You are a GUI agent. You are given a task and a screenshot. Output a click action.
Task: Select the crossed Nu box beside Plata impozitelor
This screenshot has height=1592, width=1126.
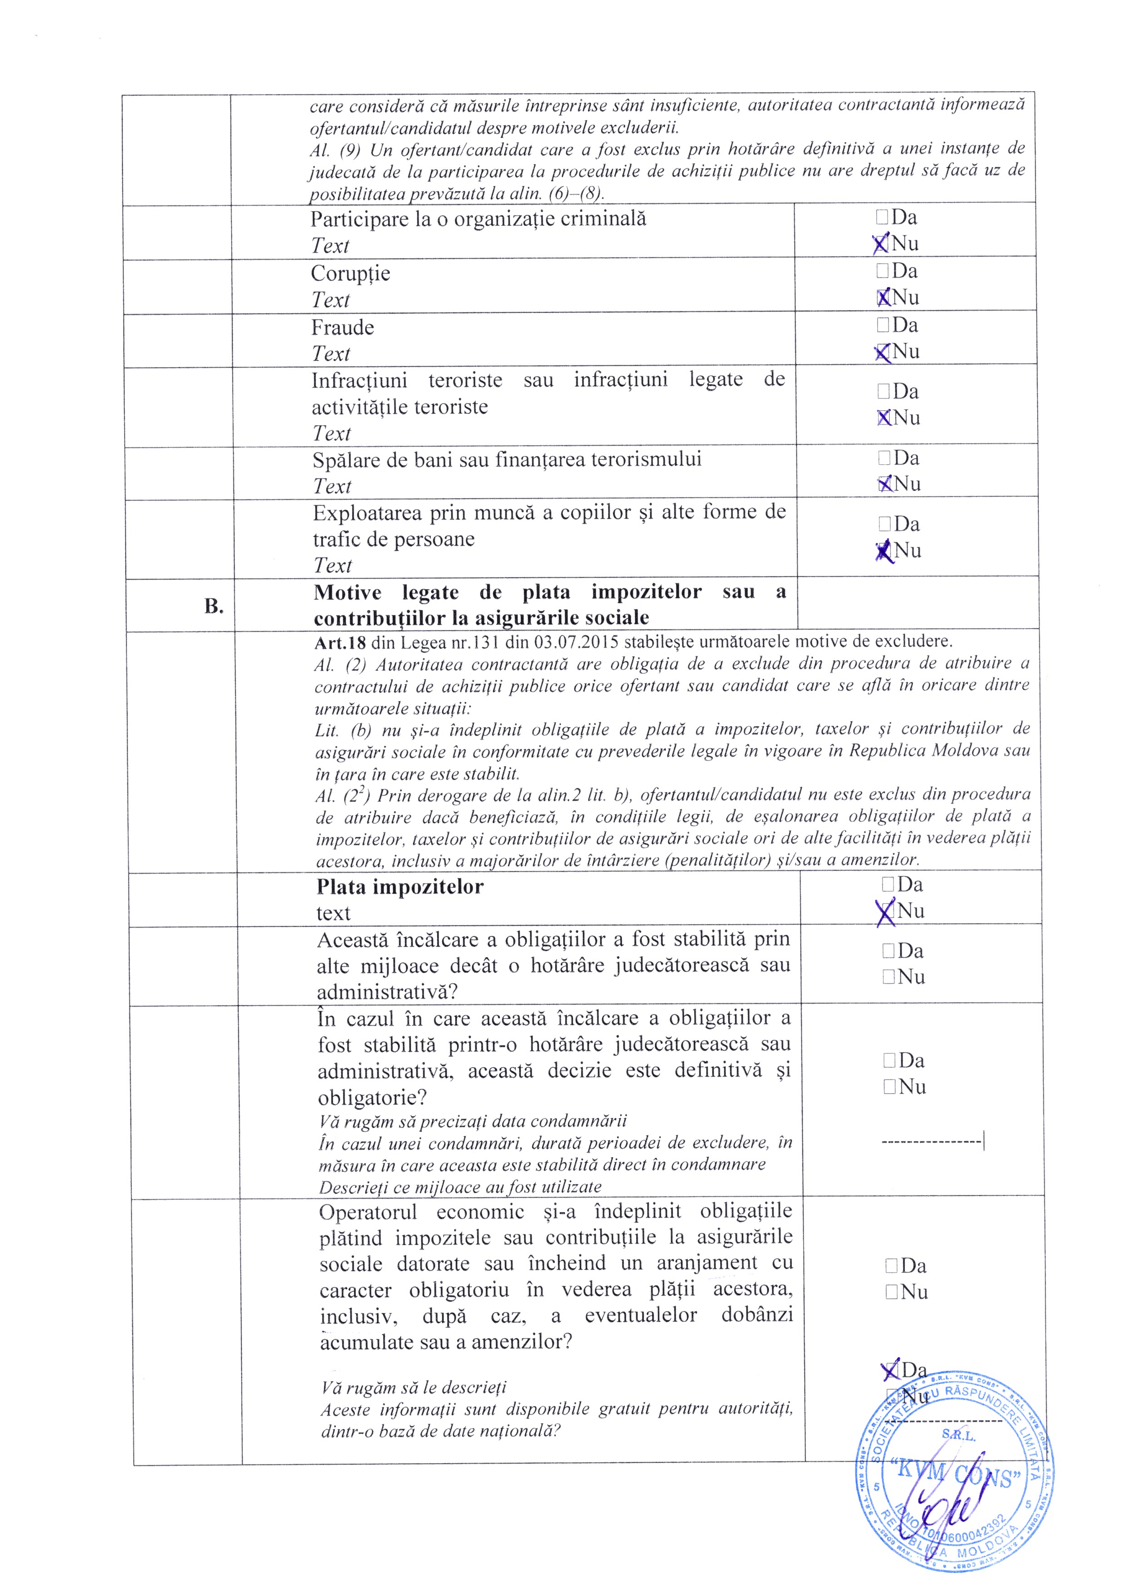click(887, 911)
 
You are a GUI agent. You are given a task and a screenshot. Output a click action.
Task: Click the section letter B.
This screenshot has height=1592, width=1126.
click(214, 606)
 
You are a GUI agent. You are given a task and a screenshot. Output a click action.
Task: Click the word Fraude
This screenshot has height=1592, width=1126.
click(343, 327)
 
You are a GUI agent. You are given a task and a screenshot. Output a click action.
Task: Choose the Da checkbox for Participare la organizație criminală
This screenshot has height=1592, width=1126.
click(882, 218)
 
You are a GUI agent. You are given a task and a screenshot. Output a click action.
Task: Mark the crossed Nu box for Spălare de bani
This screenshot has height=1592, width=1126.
click(884, 484)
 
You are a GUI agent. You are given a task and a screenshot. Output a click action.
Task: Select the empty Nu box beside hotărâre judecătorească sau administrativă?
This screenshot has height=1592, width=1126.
click(889, 977)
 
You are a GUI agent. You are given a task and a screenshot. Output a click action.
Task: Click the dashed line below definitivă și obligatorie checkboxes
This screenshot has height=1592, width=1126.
click(932, 1140)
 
